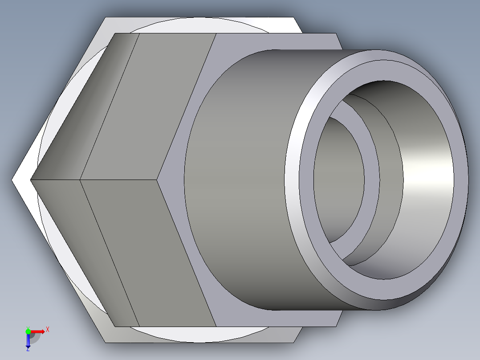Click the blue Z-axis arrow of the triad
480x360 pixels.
click(28, 340)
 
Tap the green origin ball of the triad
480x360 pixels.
click(28, 331)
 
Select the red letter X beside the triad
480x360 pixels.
click(47, 329)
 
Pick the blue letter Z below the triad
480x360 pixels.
click(28, 350)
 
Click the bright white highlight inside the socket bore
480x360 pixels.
click(427, 178)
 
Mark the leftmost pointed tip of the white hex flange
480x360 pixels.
click(12, 180)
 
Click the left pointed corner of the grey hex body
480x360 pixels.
click(31, 180)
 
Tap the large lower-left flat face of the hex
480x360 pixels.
click(147, 250)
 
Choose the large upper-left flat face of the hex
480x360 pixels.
click(147, 107)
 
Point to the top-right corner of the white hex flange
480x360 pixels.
click(294, 18)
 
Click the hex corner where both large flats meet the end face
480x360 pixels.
click(158, 180)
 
